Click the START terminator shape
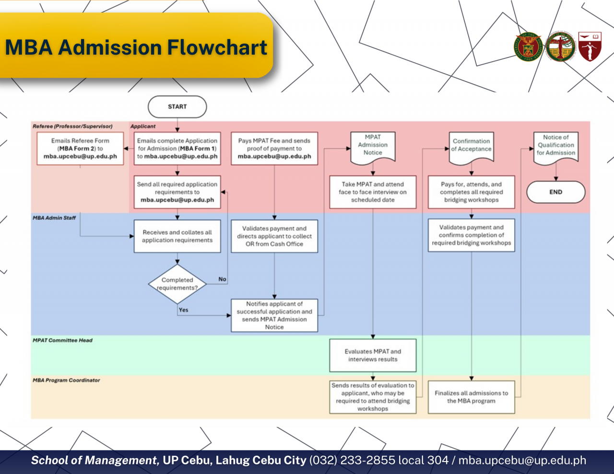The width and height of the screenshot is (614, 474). (x=177, y=107)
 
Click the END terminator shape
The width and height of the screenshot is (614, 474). (x=555, y=192)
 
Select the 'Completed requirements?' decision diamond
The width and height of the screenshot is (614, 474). (x=177, y=284)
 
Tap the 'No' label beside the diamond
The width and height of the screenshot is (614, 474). (x=222, y=279)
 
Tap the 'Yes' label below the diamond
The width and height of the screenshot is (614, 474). (x=183, y=310)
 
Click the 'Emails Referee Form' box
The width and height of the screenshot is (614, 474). (x=80, y=149)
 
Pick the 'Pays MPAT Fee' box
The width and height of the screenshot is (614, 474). (x=274, y=149)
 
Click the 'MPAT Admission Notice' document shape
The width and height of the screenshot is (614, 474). (x=373, y=145)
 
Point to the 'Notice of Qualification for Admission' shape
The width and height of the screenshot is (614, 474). (x=555, y=145)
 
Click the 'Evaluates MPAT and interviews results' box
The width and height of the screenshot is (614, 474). (x=373, y=355)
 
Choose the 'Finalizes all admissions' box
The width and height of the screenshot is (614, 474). (x=471, y=397)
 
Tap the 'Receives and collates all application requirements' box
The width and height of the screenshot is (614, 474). (x=177, y=236)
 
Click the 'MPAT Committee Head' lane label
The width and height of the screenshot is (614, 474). (x=62, y=340)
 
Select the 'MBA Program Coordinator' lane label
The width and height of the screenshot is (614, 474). (x=66, y=380)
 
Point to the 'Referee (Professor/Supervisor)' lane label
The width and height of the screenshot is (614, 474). (x=72, y=127)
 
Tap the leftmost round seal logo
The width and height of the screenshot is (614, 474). (x=529, y=46)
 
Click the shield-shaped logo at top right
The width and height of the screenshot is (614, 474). (x=590, y=46)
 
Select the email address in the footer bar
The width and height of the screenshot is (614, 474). (x=522, y=461)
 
